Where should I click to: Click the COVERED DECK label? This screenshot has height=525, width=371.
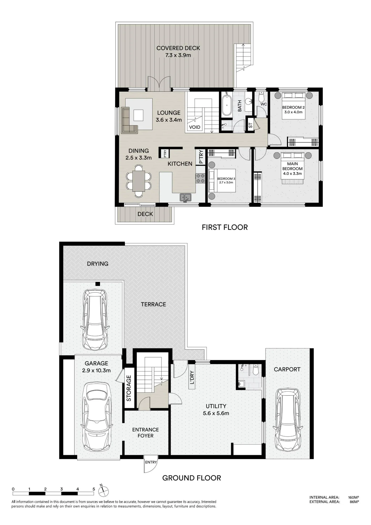point(178,48)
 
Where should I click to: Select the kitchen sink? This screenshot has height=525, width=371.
point(186,197)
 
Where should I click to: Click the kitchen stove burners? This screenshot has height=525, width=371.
point(200,178)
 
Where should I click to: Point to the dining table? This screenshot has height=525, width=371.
point(139,181)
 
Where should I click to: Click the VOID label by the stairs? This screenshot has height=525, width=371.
point(195,127)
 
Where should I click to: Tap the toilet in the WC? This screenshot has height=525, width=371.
point(261,97)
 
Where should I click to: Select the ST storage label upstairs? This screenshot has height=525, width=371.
point(250,125)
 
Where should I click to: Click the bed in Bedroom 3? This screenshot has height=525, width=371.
point(222,181)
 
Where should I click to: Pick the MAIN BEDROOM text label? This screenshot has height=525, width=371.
point(292,166)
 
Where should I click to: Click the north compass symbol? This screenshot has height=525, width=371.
point(103,490)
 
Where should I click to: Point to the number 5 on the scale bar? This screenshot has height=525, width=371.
point(94,489)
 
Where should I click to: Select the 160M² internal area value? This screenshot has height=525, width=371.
point(353,497)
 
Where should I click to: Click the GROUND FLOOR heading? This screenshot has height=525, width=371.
point(192,478)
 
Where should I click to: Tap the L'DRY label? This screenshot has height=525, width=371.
point(192,377)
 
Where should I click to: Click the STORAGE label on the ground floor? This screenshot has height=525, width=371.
point(129,388)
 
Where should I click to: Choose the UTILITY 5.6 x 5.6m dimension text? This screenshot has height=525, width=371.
point(216,413)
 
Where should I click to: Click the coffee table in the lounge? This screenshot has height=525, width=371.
point(138,115)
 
